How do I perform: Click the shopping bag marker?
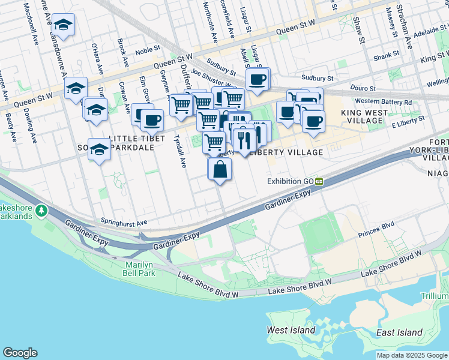pyautogui.click(x=220, y=170)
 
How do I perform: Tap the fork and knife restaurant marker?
pyautogui.click(x=244, y=141)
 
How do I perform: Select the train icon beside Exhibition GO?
pyautogui.click(x=320, y=181)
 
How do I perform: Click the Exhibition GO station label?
pyautogui.click(x=291, y=181)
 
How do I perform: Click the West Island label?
pyautogui.click(x=291, y=330)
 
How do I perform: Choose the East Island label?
pyautogui.click(x=399, y=332)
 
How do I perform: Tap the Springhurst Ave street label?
pyautogui.click(x=124, y=222)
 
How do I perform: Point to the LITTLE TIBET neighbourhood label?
pyautogui.click(x=137, y=138)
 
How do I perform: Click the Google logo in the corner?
pyautogui.click(x=20, y=353)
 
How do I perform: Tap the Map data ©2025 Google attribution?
pyautogui.click(x=411, y=355)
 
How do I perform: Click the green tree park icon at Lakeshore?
pyautogui.click(x=41, y=211)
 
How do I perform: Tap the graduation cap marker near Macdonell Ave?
pyautogui.click(x=62, y=26)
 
